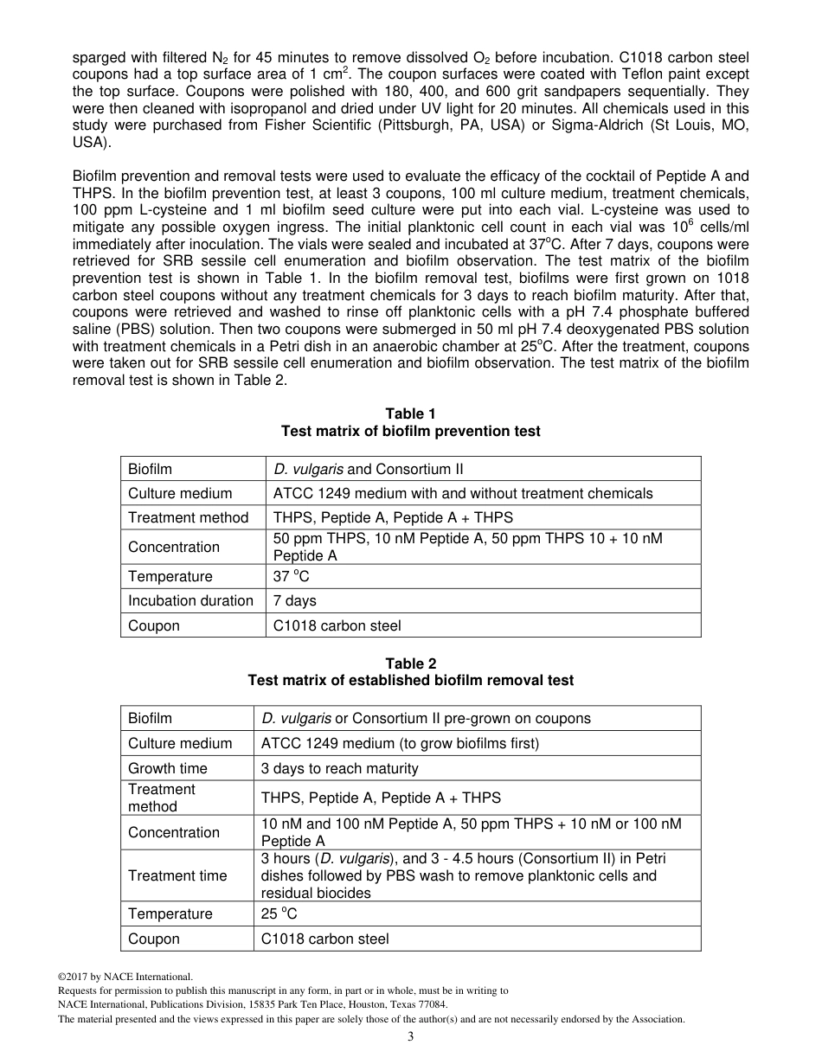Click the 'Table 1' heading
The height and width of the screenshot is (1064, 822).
click(410, 414)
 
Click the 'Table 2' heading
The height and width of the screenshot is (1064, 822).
click(410, 663)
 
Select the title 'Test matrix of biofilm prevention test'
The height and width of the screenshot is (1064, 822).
click(410, 431)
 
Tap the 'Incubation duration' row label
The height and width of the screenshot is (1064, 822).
click(190, 600)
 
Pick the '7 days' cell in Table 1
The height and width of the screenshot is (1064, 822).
click(295, 600)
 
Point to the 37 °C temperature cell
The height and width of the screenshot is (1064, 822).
click(291, 576)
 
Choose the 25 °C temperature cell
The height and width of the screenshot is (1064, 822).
click(279, 913)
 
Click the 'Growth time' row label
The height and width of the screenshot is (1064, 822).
click(168, 768)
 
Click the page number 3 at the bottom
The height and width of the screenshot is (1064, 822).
click(411, 1037)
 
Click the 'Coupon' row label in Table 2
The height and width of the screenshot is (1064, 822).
click(154, 939)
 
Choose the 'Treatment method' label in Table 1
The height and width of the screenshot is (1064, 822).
click(188, 517)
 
